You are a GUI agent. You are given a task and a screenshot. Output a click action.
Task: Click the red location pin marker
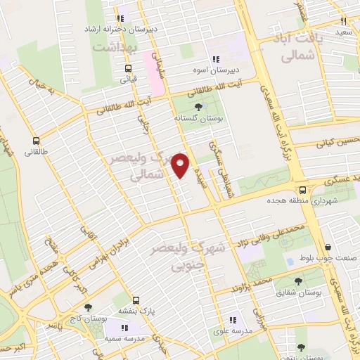[181, 165]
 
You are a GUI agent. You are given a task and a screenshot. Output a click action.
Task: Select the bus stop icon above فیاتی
[128, 69]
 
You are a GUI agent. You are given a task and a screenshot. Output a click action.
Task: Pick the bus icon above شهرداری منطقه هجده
[302, 189]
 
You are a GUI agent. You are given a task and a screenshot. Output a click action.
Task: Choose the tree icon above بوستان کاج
[88, 307]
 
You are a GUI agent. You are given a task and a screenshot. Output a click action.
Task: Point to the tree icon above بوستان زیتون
[301, 347]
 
